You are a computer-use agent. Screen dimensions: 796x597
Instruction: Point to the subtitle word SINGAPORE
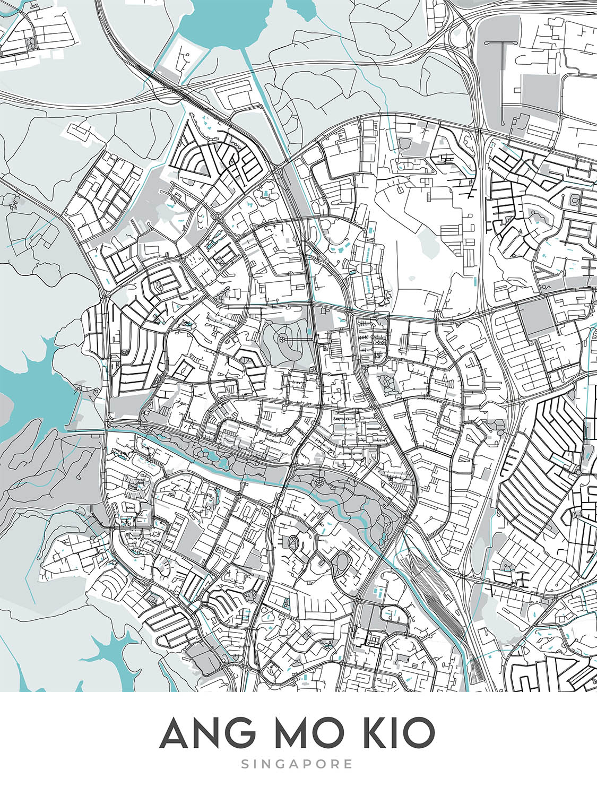pos(297,764)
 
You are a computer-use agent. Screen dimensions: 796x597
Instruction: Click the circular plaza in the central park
pos(282,339)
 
